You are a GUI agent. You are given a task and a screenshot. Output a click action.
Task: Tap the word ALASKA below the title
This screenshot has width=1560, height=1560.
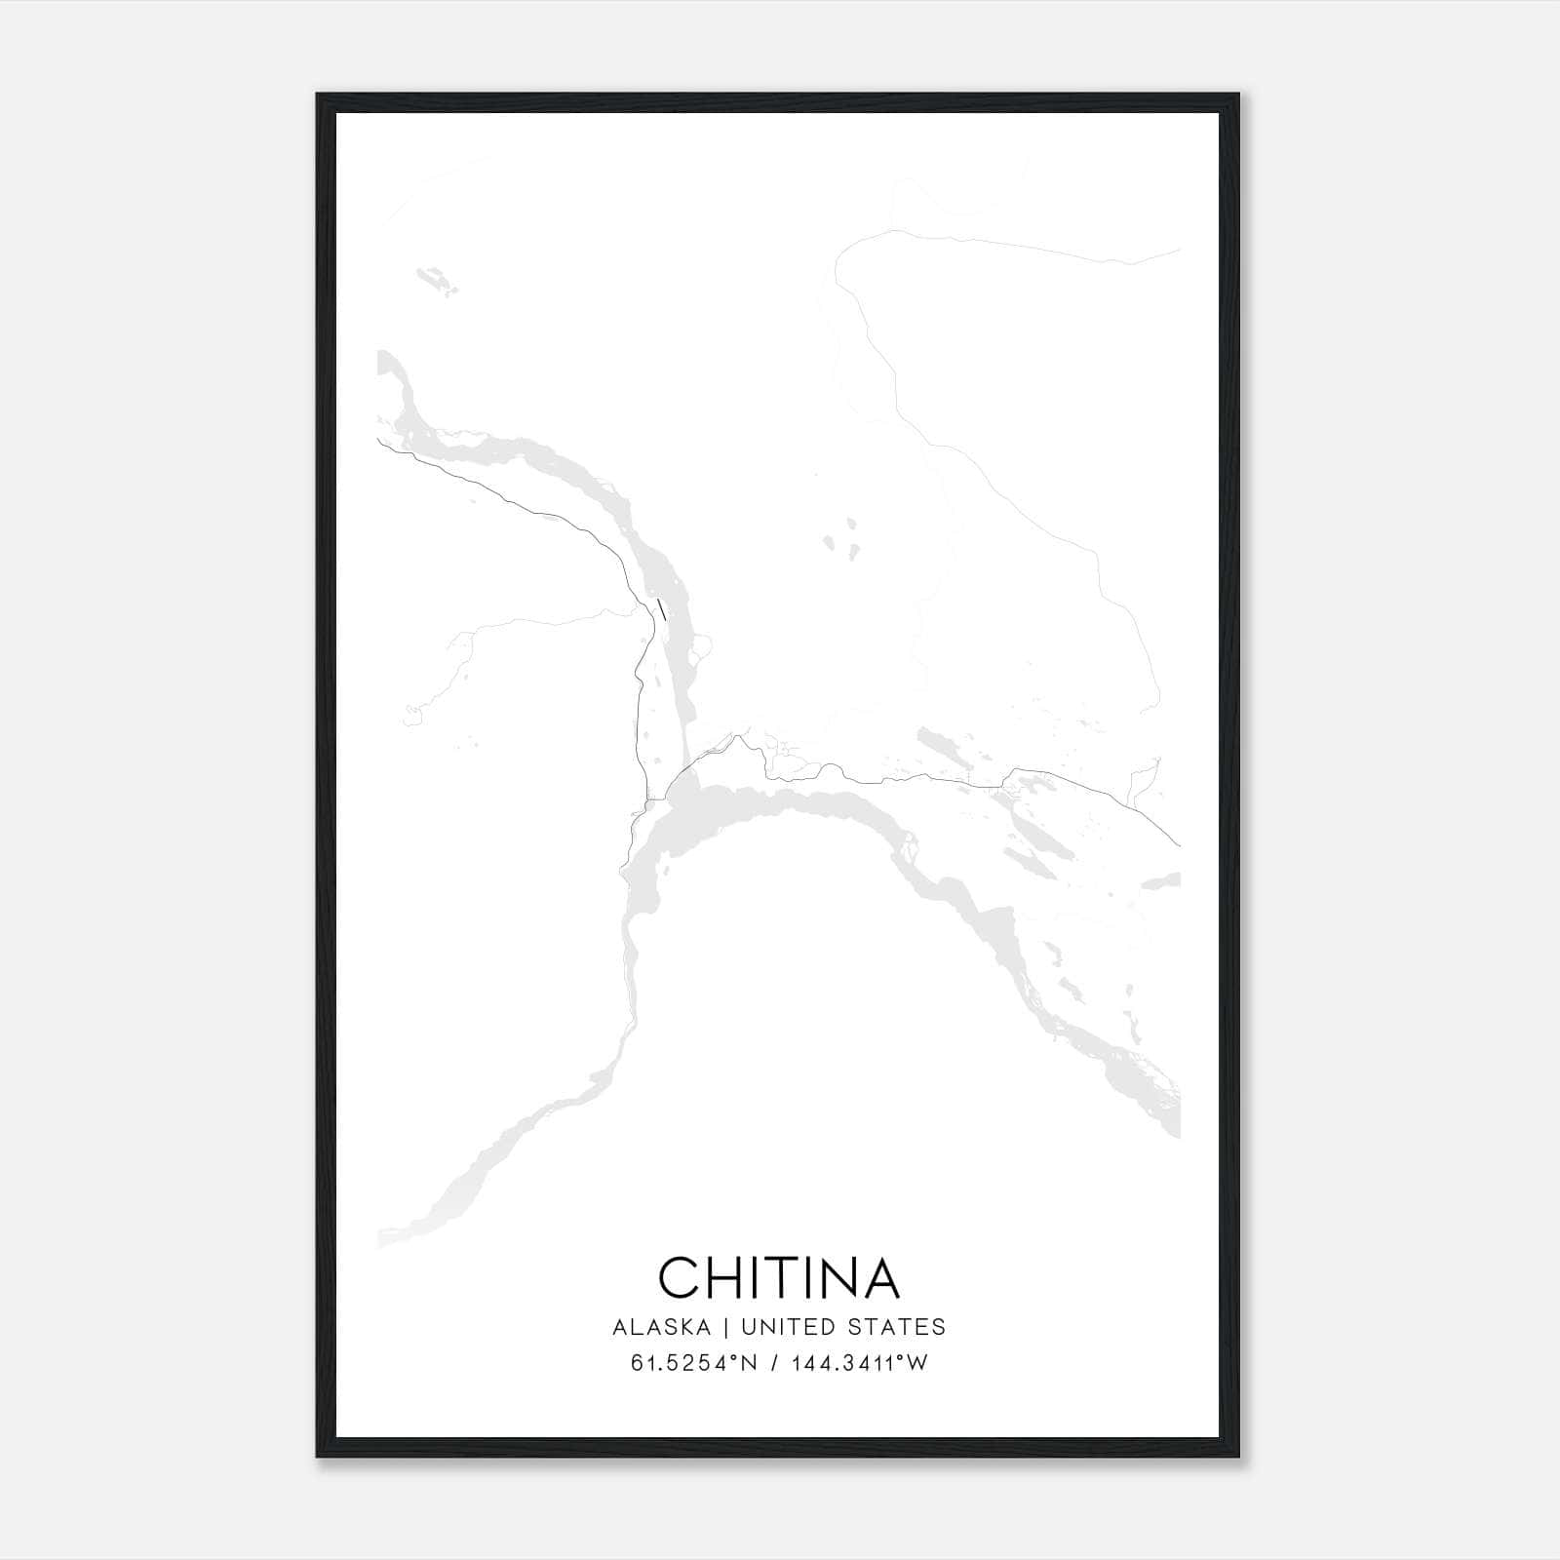pos(661,1327)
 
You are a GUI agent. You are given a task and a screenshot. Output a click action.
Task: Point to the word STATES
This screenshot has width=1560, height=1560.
pos(897,1327)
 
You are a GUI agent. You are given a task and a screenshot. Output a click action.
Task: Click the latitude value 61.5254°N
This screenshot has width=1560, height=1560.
pos(693,1363)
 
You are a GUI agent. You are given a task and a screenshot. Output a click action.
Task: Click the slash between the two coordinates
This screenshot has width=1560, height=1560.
pos(774,1363)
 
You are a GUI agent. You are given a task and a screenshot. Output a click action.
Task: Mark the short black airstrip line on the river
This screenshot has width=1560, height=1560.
pos(662,610)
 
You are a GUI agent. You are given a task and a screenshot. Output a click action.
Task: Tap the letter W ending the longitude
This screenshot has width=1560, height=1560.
pos(917,1363)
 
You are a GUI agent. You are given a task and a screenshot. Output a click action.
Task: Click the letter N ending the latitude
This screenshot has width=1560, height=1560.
pos(750,1363)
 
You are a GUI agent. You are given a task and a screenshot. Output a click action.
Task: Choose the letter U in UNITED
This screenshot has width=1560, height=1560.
pos(749,1327)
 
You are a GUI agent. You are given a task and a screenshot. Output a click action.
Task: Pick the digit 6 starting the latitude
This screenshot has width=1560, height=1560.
pos(637,1363)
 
